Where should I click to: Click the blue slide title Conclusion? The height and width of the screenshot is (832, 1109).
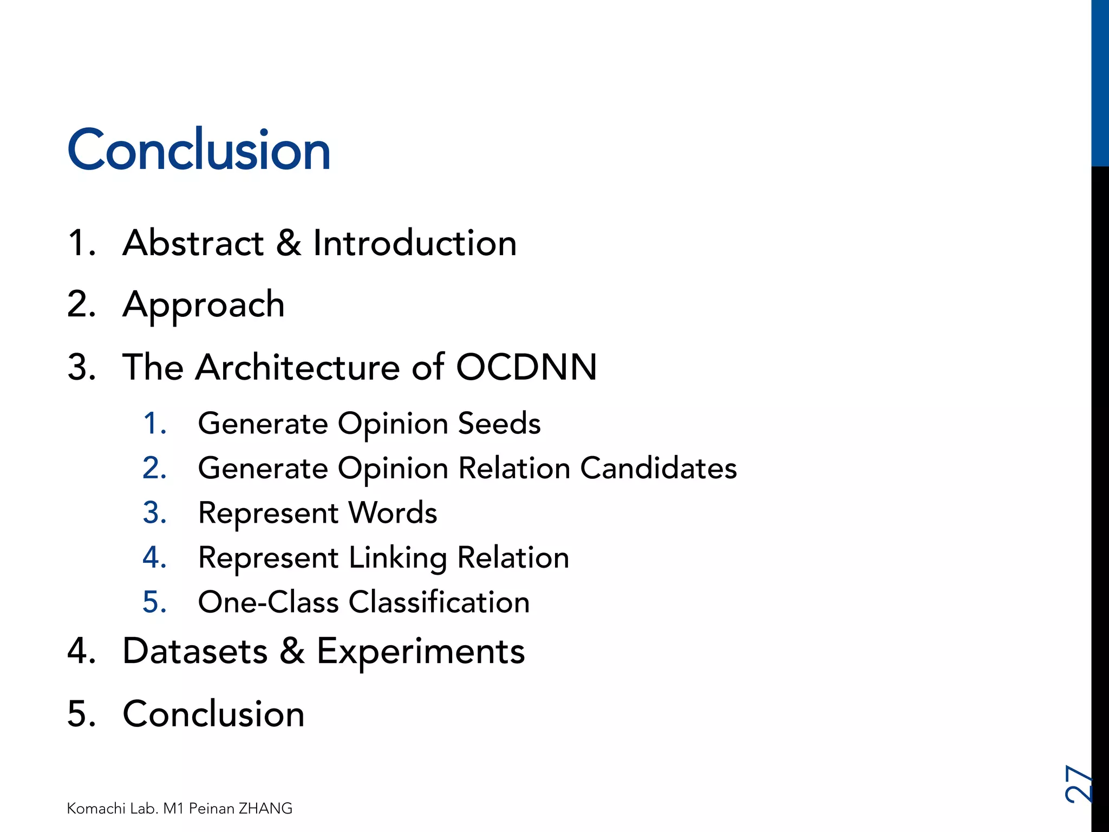(x=199, y=150)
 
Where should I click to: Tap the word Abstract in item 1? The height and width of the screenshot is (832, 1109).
(x=193, y=243)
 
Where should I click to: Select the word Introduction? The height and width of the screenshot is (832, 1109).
(x=415, y=243)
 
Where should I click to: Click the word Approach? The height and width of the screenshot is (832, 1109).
(x=204, y=305)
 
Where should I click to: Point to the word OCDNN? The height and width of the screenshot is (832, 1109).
(x=526, y=367)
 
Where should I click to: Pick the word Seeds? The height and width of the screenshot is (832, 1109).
(x=499, y=423)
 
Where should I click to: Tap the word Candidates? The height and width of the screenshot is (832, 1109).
(x=658, y=468)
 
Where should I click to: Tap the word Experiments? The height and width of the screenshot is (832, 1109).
(x=421, y=652)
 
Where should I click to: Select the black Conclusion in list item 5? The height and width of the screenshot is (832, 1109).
(x=213, y=713)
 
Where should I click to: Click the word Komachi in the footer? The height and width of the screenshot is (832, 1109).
(x=96, y=808)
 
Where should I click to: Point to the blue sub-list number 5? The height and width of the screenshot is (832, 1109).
(x=154, y=602)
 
